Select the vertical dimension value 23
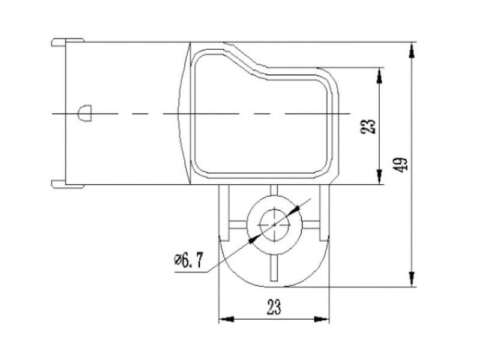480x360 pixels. coord(370,125)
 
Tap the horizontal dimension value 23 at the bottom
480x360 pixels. coord(274,307)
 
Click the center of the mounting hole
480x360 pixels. coord(274,223)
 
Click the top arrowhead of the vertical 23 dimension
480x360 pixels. coord(379,75)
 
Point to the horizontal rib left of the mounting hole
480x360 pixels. coord(236,224)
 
